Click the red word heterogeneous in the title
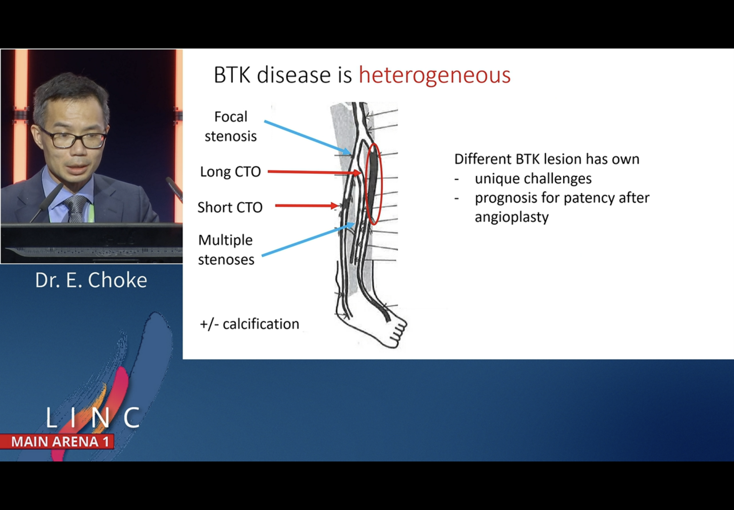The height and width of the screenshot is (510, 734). pyautogui.click(x=434, y=76)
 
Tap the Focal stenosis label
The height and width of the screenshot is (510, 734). pyautogui.click(x=231, y=127)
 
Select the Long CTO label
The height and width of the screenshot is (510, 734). pyautogui.click(x=230, y=172)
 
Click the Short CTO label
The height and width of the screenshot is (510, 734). pyautogui.click(x=230, y=207)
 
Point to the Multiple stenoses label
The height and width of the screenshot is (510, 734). pyautogui.click(x=226, y=250)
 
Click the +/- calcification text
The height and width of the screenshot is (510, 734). pyautogui.click(x=249, y=324)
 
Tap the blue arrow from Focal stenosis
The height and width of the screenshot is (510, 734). pyautogui.click(x=307, y=137)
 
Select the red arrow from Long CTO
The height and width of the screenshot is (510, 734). pyautogui.click(x=313, y=172)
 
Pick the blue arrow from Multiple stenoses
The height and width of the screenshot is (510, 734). pyautogui.click(x=307, y=240)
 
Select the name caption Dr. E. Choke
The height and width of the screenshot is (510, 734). pyautogui.click(x=91, y=280)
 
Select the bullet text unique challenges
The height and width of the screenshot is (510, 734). pyautogui.click(x=533, y=178)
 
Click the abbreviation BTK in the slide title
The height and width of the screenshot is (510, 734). pyautogui.click(x=232, y=76)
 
